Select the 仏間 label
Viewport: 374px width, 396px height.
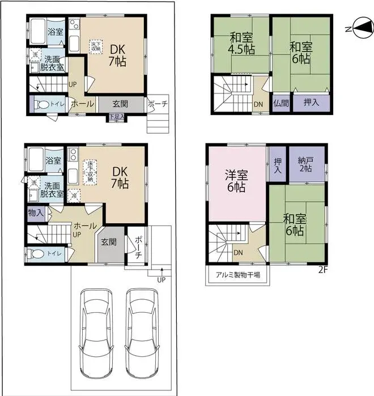pos(280,103)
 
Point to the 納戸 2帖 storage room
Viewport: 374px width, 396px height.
pos(307,165)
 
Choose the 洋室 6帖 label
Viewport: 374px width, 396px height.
pos(236,180)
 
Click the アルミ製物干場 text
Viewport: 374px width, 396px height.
pos(237,275)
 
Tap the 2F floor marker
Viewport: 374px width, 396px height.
pos(323,270)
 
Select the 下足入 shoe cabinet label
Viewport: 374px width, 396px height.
pos(117,117)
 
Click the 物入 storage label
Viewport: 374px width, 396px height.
pos(36,213)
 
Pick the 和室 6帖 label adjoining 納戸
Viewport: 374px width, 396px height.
pos(294,225)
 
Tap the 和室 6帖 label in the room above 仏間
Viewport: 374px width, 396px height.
pos(300,52)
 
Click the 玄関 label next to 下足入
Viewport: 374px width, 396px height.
pos(120,104)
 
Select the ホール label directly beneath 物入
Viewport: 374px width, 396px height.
pos(85,225)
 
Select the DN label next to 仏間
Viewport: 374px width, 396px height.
pos(258,104)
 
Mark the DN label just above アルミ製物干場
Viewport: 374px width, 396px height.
pos(239,253)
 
